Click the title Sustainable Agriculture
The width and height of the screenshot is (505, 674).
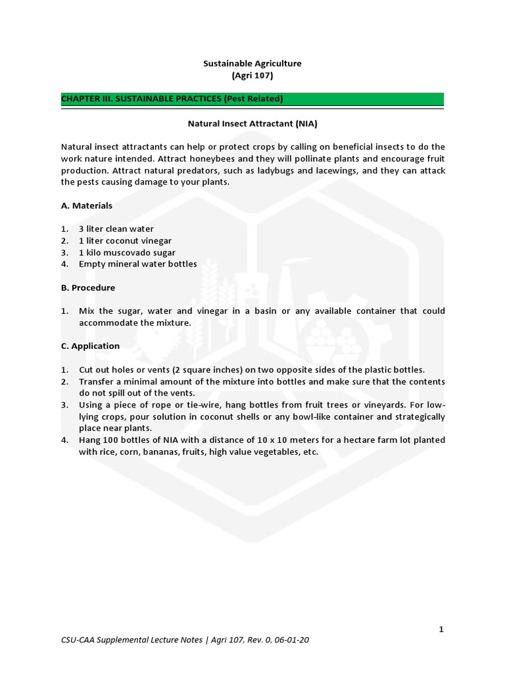[252, 63]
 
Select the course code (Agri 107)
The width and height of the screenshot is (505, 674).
[252, 76]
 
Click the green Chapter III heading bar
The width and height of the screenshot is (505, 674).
[252, 99]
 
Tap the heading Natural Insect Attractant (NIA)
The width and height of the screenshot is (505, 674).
[253, 122]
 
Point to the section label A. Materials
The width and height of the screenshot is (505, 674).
[86, 205]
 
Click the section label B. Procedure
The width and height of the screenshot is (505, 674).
[87, 288]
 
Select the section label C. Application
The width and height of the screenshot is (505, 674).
[90, 346]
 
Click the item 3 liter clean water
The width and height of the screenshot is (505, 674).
[116, 229]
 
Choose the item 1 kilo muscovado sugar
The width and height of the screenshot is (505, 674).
[127, 253]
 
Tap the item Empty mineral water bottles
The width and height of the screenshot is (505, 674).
[137, 264]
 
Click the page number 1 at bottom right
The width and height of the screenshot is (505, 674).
[441, 629]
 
